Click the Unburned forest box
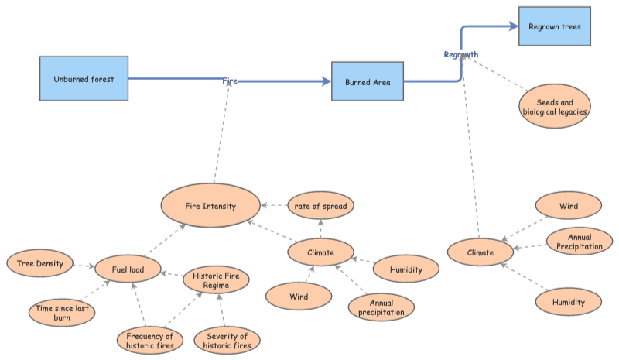(84, 79)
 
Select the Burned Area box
(368, 81)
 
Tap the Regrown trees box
(554, 27)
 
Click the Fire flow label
(230, 81)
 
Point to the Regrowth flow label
(461, 54)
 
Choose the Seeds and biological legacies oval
(555, 106)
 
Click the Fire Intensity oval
(210, 207)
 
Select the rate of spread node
(320, 206)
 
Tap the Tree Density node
(39, 263)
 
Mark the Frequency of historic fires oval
(150, 341)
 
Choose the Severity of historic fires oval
(227, 341)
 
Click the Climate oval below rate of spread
(321, 252)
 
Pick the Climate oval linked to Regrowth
(480, 252)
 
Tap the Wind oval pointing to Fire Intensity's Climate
(299, 297)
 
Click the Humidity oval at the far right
(568, 301)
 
